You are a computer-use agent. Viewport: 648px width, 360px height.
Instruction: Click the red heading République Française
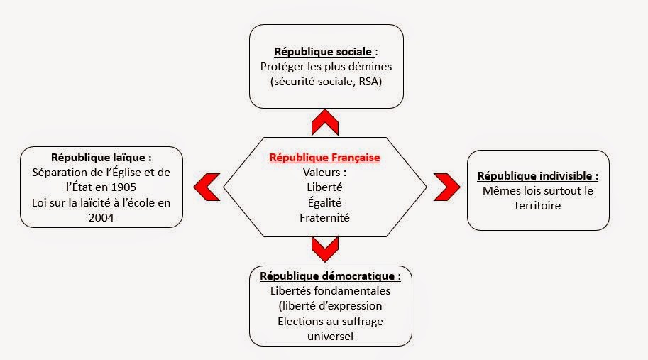[x=325, y=158]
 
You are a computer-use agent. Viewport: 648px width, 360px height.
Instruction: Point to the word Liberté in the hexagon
[x=325, y=187]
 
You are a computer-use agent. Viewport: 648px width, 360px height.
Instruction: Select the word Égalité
[x=325, y=202]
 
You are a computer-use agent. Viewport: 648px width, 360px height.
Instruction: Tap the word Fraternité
[x=325, y=217]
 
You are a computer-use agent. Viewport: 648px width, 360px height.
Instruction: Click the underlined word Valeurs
[x=322, y=173]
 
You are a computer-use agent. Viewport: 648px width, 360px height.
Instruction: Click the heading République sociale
[x=323, y=52]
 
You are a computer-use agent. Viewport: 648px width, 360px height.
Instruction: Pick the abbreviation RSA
[x=368, y=82]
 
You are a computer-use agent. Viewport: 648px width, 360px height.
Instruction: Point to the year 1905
[x=123, y=187]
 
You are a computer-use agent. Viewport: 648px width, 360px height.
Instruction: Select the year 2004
[x=101, y=217]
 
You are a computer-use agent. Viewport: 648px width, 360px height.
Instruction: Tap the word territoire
[x=538, y=205]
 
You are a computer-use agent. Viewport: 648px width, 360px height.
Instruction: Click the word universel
[x=330, y=336]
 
